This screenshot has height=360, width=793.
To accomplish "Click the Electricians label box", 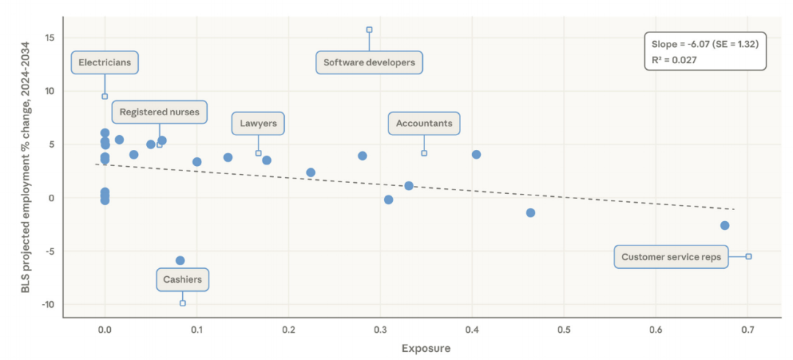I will [x=104, y=62].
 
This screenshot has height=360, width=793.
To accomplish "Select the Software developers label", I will [x=369, y=62].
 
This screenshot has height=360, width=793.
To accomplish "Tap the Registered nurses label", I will [x=159, y=112].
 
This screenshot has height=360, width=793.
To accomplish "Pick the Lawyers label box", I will [x=258, y=123].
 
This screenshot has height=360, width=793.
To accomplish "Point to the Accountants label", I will [x=424, y=123].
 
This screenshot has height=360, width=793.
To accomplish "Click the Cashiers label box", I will [x=182, y=280].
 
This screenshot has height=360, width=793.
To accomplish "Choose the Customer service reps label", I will [x=671, y=257].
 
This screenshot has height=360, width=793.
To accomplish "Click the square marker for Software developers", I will [x=369, y=30].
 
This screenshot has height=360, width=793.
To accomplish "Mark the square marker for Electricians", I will [x=104, y=96].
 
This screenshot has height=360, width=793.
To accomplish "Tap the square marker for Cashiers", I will [x=182, y=303].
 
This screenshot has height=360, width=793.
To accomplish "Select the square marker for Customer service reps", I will [x=748, y=256].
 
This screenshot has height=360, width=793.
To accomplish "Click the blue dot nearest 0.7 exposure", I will [x=725, y=226].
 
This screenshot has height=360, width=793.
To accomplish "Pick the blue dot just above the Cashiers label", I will [x=180, y=261].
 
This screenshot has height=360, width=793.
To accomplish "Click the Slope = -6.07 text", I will [x=704, y=44].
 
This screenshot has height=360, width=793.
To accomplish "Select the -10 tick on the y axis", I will [x=48, y=305].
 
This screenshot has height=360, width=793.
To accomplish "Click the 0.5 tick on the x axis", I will [x=564, y=330].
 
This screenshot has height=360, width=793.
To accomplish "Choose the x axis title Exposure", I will [x=426, y=348].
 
